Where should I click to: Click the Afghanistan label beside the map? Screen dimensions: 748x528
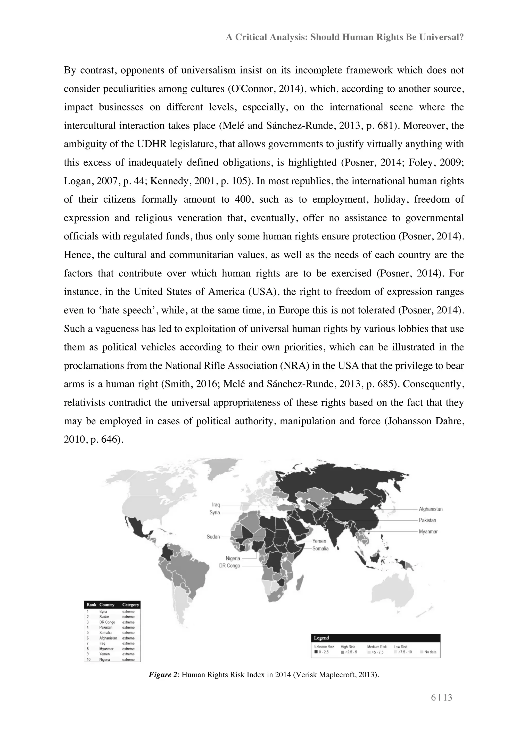tap(430, 509)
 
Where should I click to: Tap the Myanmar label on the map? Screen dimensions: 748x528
tap(428, 531)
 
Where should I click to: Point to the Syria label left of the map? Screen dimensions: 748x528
tap(215, 512)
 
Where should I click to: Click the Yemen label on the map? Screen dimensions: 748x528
tap(319, 541)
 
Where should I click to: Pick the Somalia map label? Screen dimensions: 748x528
tap(320, 548)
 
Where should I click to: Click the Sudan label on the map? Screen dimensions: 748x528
tap(213, 537)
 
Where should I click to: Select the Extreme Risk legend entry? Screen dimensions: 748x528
tap(324, 646)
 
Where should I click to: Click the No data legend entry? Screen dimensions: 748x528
tap(430, 652)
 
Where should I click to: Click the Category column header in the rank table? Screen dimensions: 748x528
tap(130, 605)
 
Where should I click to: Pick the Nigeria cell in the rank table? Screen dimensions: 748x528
tap(105, 659)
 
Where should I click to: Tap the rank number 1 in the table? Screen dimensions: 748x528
tap(88, 611)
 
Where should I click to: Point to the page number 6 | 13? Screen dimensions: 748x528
tap(441, 697)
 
